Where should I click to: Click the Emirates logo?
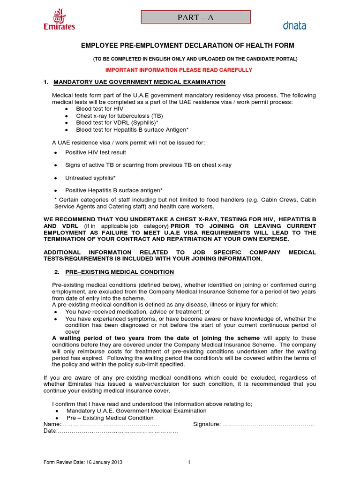(x=59, y=20)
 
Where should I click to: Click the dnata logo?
(x=294, y=26)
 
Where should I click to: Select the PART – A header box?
(x=196, y=17)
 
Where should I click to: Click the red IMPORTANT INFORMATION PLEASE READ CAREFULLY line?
(x=179, y=70)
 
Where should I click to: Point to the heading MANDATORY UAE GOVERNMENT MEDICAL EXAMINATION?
(x=139, y=82)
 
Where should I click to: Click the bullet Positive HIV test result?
(x=96, y=152)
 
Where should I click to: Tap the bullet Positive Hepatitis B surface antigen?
(x=114, y=190)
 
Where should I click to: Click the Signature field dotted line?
(x=268, y=424)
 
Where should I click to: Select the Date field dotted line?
(x=117, y=431)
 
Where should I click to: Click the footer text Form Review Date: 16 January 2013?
(x=83, y=463)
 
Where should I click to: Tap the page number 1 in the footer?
(x=189, y=463)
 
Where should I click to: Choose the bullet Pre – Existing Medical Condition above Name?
(x=110, y=418)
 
